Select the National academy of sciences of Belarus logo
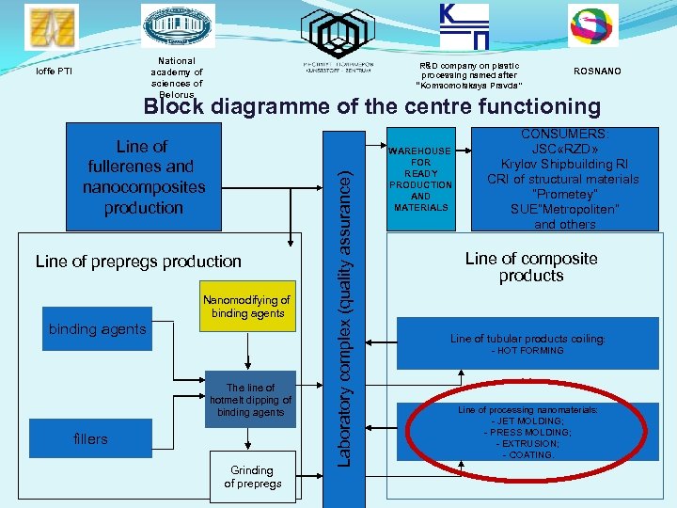coord(177,25)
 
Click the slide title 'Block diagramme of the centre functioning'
coord(371,106)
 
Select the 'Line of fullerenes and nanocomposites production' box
coord(144,178)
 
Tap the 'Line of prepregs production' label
coord(138,262)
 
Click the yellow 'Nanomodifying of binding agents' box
coord(248,307)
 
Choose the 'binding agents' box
coord(97,329)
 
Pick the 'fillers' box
coord(90,439)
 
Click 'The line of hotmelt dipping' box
coord(250,400)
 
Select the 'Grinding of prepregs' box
coord(252,477)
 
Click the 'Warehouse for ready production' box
coord(421,179)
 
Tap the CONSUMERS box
coord(563,180)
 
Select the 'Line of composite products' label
coord(531,267)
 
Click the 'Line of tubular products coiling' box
coord(527,344)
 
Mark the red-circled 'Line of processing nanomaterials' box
coord(527,433)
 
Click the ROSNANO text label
coord(597,71)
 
